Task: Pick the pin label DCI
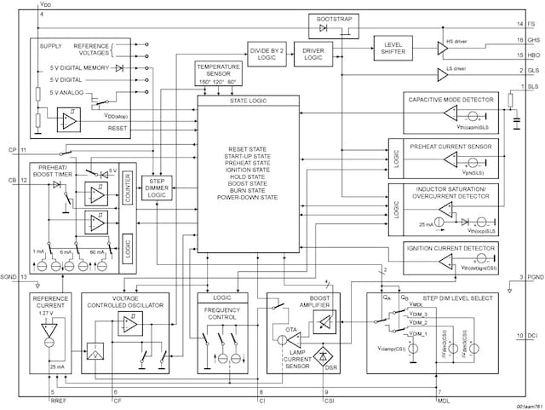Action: (x=533, y=337)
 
